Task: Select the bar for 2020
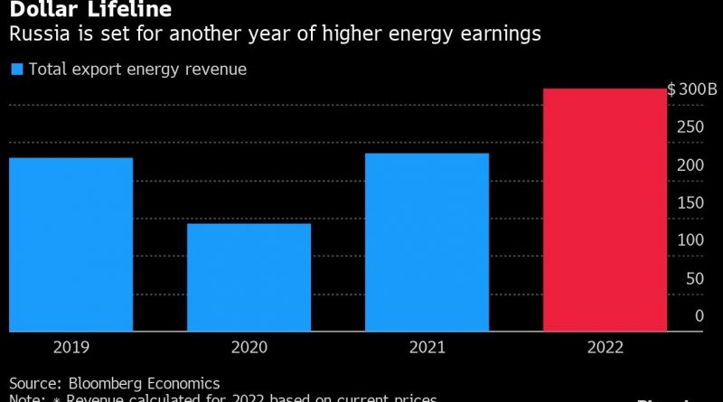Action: pos(249,276)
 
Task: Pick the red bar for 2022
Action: pos(604,210)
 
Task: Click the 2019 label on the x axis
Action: pos(71,347)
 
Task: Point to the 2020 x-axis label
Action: pos(249,347)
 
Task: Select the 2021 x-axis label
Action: pos(427,347)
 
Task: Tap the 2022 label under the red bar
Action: pos(605,347)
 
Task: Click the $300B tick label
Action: pos(691,89)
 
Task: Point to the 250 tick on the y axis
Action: pos(691,127)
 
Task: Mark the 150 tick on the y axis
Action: pos(691,202)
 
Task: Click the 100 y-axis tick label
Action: pos(691,240)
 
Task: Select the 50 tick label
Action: pos(695,278)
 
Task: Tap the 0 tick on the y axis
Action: pos(699,315)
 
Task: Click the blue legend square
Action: pos(15,69)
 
